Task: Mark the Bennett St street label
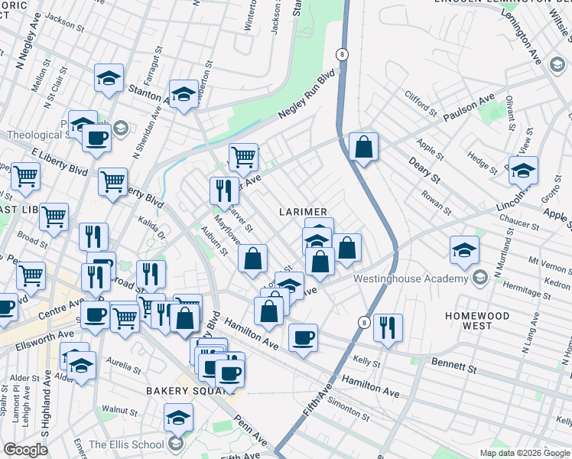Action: point(454,367)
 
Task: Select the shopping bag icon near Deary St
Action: point(363,145)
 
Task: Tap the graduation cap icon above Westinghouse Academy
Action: point(464,249)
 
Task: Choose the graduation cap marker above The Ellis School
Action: point(178,417)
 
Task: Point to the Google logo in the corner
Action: point(25,450)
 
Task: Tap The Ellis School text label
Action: point(126,444)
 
